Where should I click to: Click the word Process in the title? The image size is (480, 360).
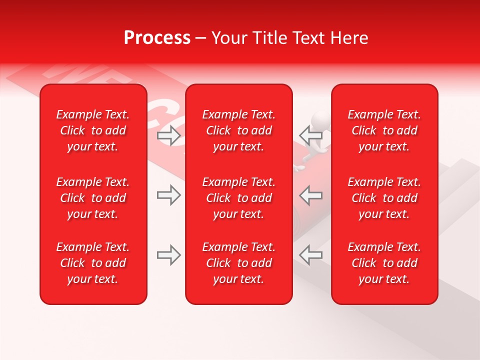click(x=157, y=38)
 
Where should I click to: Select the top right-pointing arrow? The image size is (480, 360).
click(x=169, y=135)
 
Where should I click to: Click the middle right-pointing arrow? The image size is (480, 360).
click(x=169, y=195)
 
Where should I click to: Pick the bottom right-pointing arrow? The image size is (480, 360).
click(x=169, y=255)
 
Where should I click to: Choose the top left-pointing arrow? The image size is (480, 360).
click(x=310, y=134)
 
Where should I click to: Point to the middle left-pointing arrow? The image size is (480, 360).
click(x=310, y=195)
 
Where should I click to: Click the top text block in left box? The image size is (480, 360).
click(x=93, y=130)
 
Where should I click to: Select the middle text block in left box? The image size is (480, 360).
click(x=93, y=198)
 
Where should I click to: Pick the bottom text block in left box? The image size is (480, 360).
click(x=93, y=263)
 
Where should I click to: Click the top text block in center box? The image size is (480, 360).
click(x=238, y=130)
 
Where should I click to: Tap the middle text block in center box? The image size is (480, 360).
click(x=238, y=198)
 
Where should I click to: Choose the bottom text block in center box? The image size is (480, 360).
click(x=238, y=263)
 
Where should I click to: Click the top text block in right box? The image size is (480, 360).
click(x=384, y=130)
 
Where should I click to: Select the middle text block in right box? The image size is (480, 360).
click(x=384, y=198)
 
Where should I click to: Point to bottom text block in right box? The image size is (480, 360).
click(x=384, y=263)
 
